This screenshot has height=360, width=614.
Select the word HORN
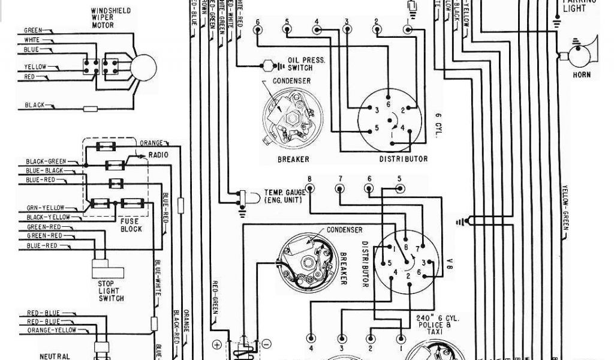point(581,75)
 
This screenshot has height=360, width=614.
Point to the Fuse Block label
point(131,225)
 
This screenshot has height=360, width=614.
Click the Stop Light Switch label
point(110,290)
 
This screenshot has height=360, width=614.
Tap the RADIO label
point(159,155)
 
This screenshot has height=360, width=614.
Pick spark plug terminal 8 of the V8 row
point(310,188)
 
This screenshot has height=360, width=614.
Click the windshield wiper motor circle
point(144,64)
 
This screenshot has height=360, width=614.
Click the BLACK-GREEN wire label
point(46,161)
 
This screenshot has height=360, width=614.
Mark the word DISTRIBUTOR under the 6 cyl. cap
point(403,159)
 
